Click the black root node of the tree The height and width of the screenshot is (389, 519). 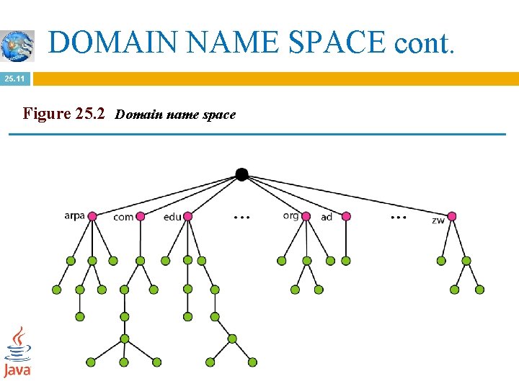(x=241, y=174)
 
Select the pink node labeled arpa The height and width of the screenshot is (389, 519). (x=92, y=216)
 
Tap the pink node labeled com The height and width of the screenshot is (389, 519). (x=141, y=216)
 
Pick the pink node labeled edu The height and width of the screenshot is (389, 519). (x=188, y=216)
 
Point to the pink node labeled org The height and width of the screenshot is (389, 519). (x=306, y=216)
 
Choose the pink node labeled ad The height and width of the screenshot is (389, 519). (x=346, y=216)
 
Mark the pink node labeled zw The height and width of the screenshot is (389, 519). (x=452, y=216)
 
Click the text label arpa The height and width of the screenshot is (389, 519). (x=74, y=215)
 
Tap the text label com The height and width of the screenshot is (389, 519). (x=123, y=217)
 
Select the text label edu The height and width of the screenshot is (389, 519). (x=172, y=217)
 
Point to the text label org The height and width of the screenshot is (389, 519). (x=290, y=215)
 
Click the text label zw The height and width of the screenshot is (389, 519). (x=438, y=220)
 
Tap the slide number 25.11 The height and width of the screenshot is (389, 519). (x=14, y=79)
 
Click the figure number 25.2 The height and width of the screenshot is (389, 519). (x=90, y=113)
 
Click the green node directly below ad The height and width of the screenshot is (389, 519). (x=346, y=261)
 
